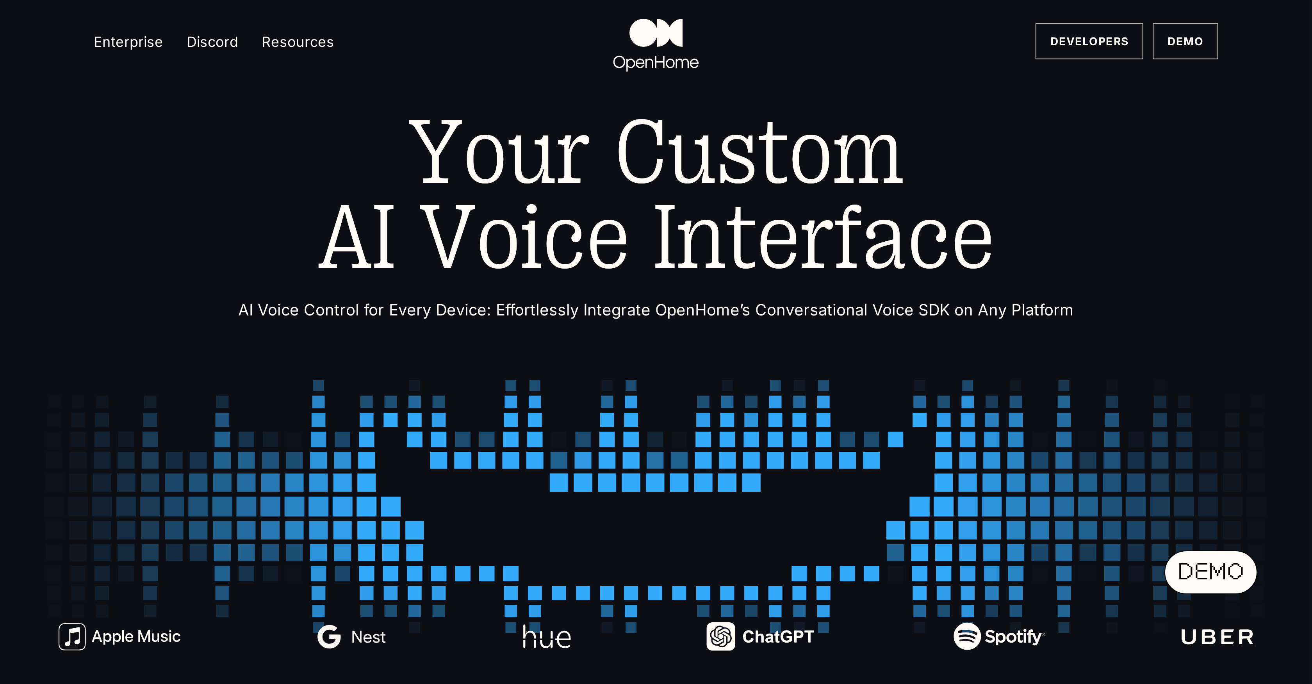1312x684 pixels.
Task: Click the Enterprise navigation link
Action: pyautogui.click(x=128, y=42)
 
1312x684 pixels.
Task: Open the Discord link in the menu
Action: pyautogui.click(x=212, y=42)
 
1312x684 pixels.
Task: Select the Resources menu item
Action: pyautogui.click(x=298, y=42)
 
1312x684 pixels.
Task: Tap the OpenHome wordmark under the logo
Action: pyautogui.click(x=656, y=62)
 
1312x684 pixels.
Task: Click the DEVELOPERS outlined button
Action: pyautogui.click(x=1089, y=41)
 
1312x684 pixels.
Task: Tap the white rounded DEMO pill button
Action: pyautogui.click(x=1210, y=572)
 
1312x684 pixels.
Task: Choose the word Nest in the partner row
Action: pyautogui.click(x=368, y=637)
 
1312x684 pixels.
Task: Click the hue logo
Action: pyautogui.click(x=547, y=637)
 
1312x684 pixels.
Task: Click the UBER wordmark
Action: pyautogui.click(x=1217, y=637)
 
